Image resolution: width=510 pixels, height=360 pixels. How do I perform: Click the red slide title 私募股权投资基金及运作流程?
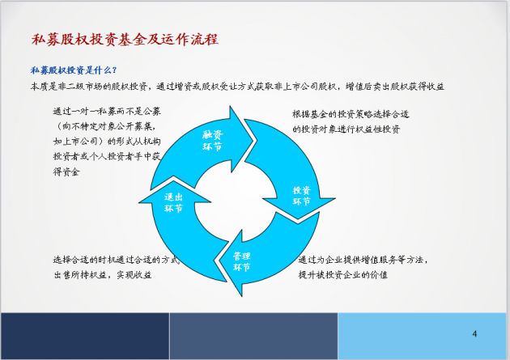coord(125,40)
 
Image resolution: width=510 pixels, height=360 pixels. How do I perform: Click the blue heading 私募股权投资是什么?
coord(74,70)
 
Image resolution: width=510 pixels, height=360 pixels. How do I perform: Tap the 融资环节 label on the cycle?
coord(212,141)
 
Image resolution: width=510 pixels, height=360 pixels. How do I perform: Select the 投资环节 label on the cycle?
coord(302,196)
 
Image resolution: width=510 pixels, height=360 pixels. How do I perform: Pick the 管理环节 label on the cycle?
coord(241,261)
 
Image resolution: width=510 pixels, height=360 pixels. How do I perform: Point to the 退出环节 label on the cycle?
coord(173,202)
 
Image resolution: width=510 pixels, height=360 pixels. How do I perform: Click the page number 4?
coord(474,333)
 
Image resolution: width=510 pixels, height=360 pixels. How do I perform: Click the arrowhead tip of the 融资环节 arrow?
coord(253,141)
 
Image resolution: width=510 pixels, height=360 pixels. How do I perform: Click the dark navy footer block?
coord(85,336)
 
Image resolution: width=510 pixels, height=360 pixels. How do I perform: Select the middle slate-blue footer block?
coord(253,336)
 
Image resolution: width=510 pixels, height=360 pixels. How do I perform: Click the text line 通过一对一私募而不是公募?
coord(107,111)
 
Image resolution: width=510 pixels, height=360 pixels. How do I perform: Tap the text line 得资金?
coord(66,172)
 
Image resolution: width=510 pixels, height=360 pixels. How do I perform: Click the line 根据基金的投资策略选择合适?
coord(351,114)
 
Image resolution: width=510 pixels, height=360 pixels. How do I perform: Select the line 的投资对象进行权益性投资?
coord(346,129)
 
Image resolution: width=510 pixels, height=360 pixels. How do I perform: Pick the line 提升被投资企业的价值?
coord(343,274)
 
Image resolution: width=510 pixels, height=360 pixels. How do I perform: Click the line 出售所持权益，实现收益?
coord(103,275)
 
